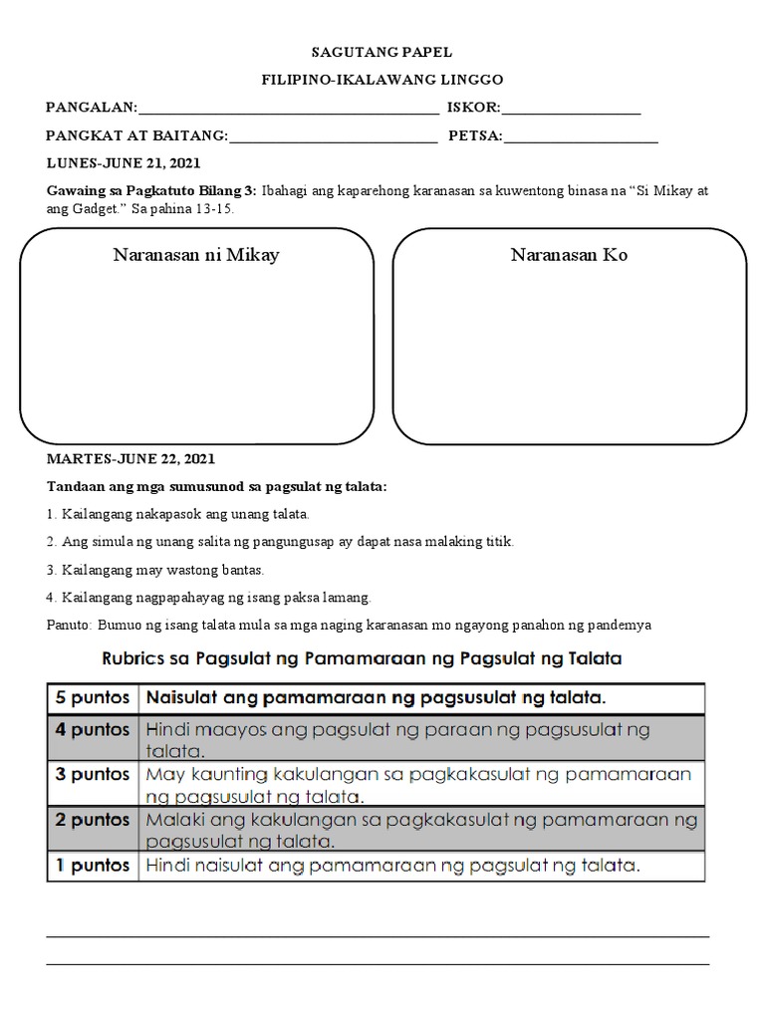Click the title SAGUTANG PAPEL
[383, 52]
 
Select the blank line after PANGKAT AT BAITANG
[333, 139]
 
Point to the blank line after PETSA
[581, 139]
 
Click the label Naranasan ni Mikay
[196, 256]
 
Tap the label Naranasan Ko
[569, 256]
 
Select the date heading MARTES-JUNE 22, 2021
[129, 460]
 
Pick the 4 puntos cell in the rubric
[93, 730]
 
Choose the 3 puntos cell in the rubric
[93, 774]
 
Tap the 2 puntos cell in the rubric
[93, 820]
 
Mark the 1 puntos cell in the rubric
[93, 866]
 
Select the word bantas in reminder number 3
[242, 571]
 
